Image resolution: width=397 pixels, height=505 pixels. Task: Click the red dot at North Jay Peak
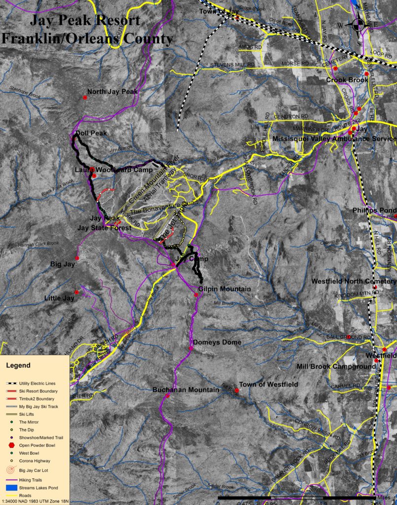click(85, 98)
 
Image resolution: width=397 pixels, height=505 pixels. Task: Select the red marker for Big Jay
click(77, 257)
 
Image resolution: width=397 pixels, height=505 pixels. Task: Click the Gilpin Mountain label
click(217, 289)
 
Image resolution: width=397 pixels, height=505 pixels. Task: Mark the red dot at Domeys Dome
click(191, 349)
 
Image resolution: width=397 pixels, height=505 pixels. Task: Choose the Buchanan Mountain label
click(185, 390)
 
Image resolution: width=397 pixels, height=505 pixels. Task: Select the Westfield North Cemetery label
click(354, 281)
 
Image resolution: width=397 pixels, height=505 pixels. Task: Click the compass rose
click(359, 25)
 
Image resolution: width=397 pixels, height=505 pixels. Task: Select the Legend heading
click(18, 365)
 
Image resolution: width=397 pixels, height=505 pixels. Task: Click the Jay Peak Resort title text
click(85, 21)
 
